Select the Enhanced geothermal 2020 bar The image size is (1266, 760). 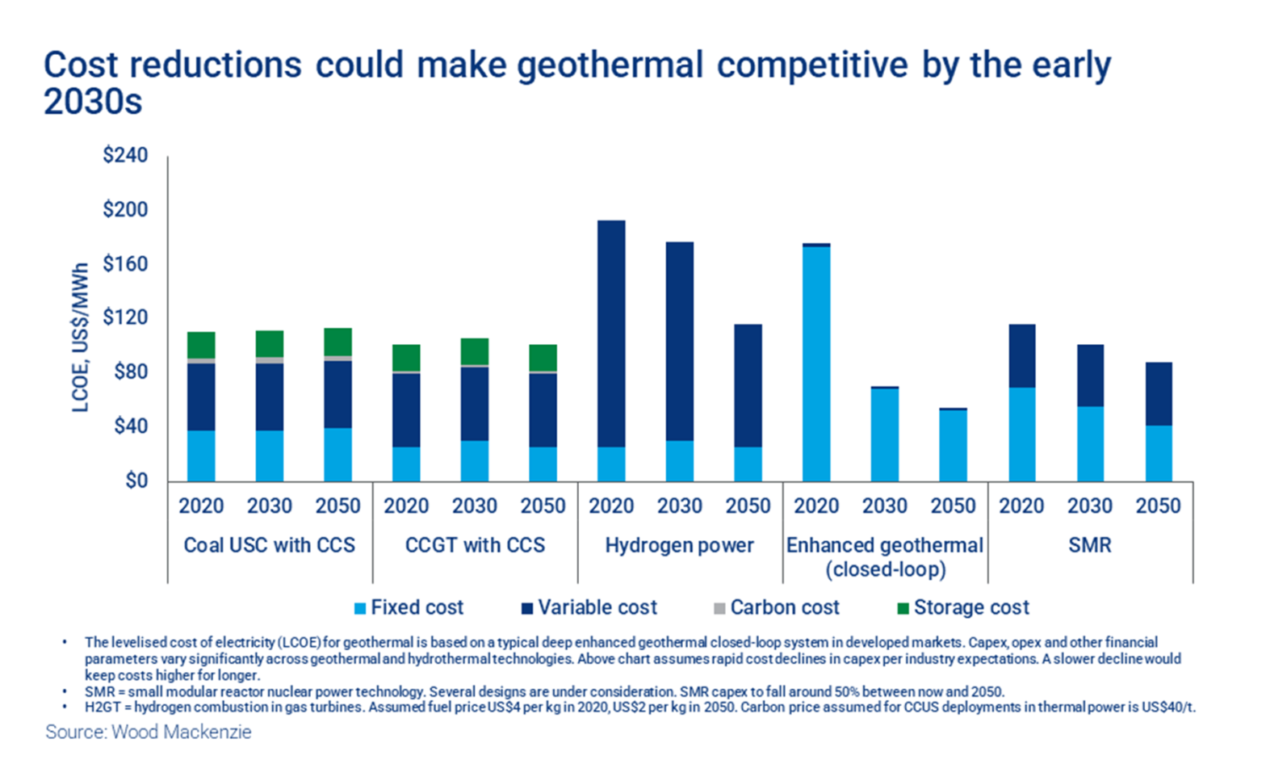coord(816,363)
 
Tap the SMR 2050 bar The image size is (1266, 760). coord(1159,422)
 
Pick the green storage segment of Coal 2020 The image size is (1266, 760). coord(201,345)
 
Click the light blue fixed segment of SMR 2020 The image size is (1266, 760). coord(1021,435)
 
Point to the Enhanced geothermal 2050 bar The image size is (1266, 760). coord(953,445)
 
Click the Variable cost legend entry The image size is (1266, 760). coord(589,607)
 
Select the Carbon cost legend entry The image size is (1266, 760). coord(777,607)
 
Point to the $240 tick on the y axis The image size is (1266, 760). coord(125,155)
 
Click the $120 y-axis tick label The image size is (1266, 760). coord(125,317)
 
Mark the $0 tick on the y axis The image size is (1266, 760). coord(136,481)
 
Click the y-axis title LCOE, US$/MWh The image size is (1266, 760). coord(80,338)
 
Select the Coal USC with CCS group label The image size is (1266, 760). coord(269,545)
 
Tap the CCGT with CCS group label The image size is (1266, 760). coord(475,545)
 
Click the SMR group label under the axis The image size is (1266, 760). coord(1089,545)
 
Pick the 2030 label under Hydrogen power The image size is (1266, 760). coord(679,506)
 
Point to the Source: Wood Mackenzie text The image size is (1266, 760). coord(149,732)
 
